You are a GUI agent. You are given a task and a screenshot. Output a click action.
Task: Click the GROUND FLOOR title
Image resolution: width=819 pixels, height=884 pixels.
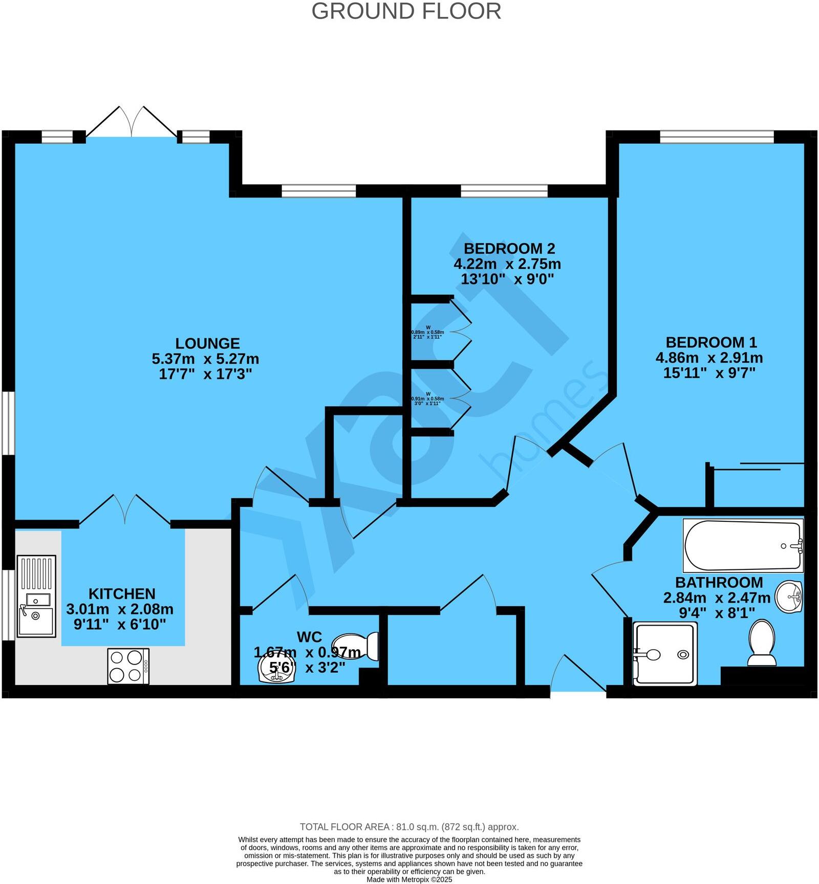point(406,11)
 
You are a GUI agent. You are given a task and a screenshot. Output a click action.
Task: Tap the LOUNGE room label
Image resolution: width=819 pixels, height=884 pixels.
point(207,343)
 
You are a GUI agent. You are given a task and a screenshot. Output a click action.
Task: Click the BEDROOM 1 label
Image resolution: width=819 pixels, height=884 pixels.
point(710,342)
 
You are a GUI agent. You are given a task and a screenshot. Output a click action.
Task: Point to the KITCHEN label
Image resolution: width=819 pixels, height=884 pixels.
point(122,593)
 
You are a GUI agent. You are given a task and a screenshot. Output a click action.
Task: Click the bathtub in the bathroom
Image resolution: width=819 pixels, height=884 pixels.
point(742,545)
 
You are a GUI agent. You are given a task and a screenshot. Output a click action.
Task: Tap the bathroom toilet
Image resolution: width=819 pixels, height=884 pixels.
point(762,643)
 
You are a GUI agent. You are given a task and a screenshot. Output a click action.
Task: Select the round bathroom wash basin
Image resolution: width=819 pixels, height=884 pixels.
point(789,596)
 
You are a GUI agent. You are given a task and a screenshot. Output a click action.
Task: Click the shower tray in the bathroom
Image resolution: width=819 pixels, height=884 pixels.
point(665,654)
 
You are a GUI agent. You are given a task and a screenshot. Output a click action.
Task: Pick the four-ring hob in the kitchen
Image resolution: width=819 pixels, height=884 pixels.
point(128,666)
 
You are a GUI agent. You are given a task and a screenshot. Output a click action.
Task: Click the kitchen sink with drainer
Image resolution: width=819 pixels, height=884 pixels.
point(36,596)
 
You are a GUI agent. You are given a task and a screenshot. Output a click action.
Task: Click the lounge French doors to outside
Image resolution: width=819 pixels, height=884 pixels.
point(132,123)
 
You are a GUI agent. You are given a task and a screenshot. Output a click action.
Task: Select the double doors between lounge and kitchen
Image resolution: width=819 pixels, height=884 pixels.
point(125,510)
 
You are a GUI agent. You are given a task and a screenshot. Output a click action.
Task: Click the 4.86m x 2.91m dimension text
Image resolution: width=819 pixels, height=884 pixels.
point(709,358)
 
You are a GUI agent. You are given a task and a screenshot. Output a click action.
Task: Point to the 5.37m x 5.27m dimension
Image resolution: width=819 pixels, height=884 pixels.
point(205,359)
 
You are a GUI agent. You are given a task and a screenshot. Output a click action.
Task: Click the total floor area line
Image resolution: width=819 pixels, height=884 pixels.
point(409,827)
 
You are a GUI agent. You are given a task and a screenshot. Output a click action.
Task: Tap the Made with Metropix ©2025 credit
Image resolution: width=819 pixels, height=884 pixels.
point(409,879)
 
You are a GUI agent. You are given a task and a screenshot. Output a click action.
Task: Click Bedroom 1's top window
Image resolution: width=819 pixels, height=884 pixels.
point(717,137)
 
